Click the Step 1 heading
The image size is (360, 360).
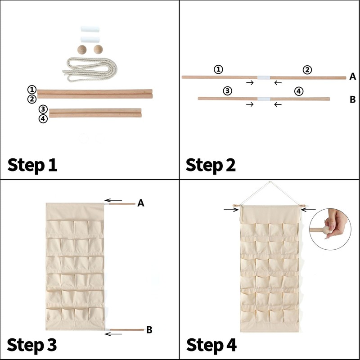[x=32, y=165]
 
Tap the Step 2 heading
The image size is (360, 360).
[x=211, y=165]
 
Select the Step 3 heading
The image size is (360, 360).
[x=32, y=345]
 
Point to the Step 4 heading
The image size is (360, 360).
[x=211, y=345]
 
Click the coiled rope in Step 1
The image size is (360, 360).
[x=90, y=69]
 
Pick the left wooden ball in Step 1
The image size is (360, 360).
[x=82, y=49]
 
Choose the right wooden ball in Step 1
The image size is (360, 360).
[x=98, y=49]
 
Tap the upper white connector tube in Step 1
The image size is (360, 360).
[x=90, y=29]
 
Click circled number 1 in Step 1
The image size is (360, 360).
[x=32, y=90]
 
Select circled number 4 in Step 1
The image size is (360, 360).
[x=43, y=119]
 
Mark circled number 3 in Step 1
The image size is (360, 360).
[x=43, y=109]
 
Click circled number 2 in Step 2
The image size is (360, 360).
[x=307, y=70]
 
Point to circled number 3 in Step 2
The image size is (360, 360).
[x=227, y=91]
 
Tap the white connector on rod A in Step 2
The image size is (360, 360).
[x=264, y=77]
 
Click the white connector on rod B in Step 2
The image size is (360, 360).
[x=264, y=99]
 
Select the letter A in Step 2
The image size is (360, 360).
[x=353, y=76]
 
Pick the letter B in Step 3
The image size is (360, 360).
[x=149, y=330]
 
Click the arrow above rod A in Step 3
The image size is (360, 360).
[x=113, y=200]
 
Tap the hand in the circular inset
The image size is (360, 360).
[x=336, y=223]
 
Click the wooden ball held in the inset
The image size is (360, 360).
[x=327, y=230]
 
